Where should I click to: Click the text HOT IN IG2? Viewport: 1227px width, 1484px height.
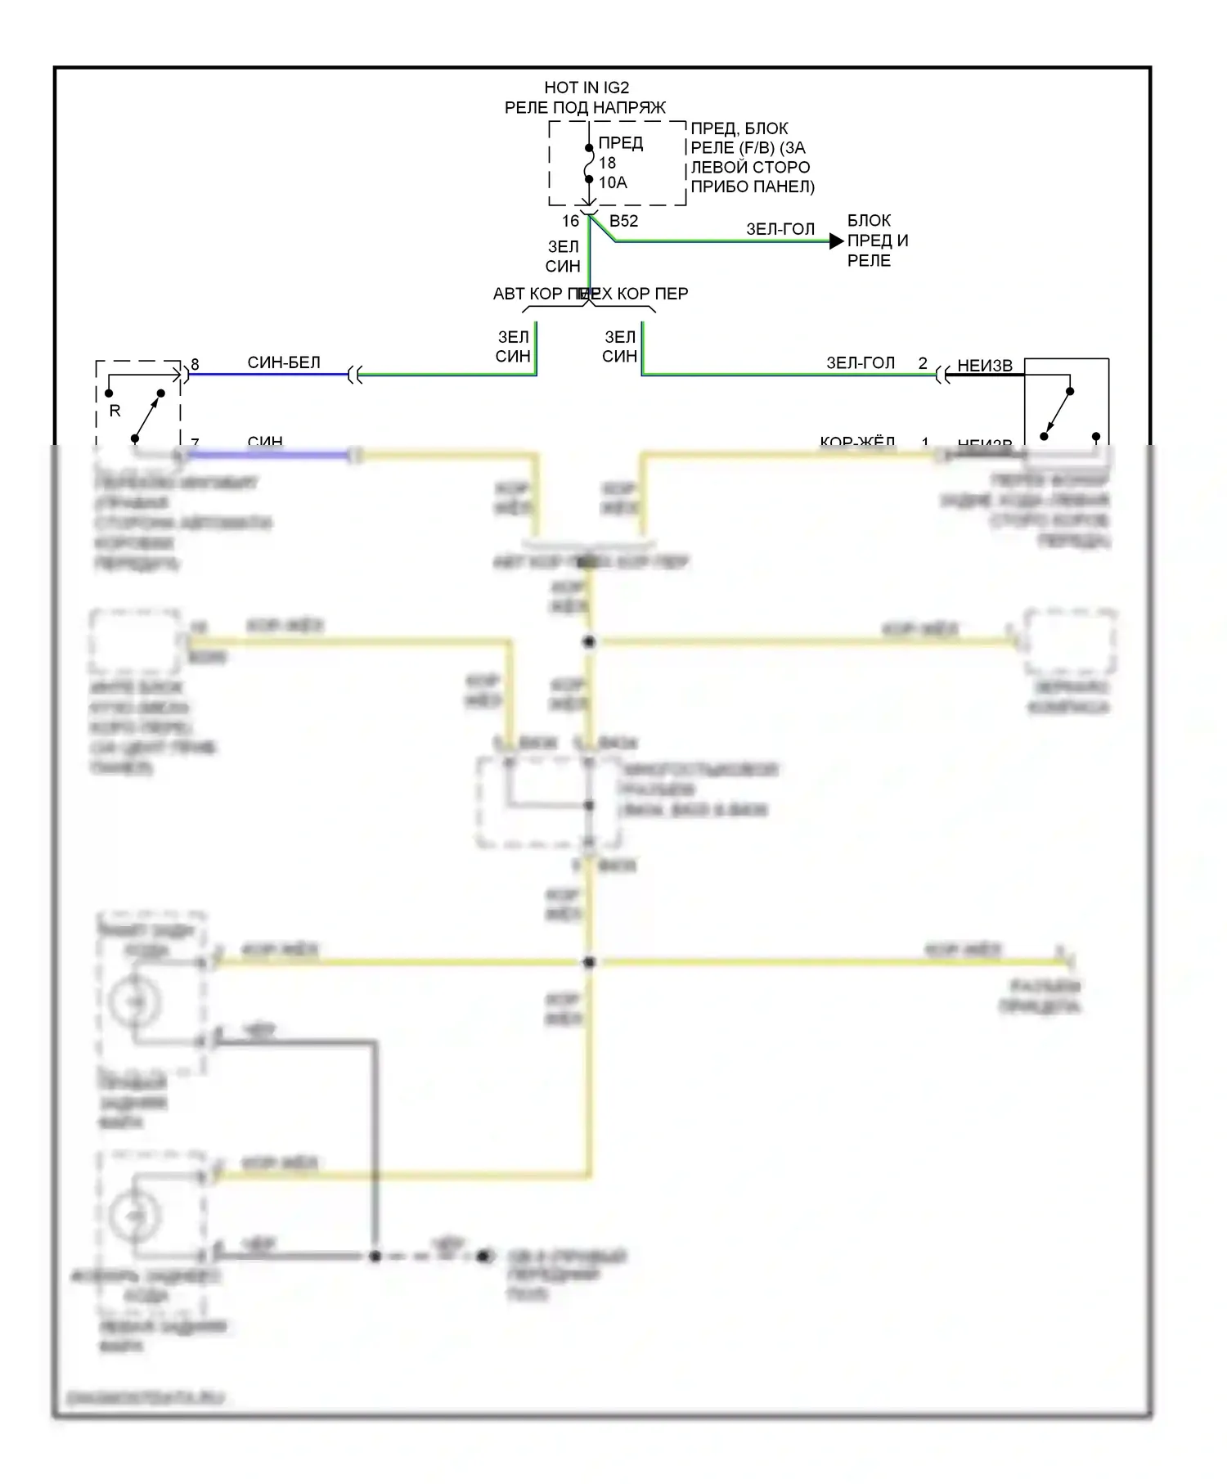[x=587, y=88]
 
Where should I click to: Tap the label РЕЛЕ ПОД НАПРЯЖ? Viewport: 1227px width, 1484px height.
[x=585, y=107]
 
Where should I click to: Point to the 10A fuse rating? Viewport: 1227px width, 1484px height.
[x=613, y=182]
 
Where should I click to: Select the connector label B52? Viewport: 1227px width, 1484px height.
[x=623, y=221]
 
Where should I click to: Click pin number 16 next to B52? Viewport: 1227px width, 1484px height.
[x=570, y=221]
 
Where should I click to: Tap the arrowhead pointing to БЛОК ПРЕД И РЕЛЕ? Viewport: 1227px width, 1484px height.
[x=836, y=241]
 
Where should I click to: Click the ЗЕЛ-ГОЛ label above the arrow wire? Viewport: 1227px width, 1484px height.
[x=780, y=229]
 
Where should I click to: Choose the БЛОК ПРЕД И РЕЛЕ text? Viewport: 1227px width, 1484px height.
[x=877, y=241]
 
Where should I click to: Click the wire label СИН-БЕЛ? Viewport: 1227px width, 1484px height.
[x=284, y=362]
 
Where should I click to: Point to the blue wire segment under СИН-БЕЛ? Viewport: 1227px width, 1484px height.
[x=270, y=375]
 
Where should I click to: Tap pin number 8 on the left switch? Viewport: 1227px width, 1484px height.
[x=195, y=365]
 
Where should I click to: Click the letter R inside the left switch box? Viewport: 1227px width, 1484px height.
[x=115, y=411]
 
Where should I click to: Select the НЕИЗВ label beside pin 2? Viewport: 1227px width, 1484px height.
[x=985, y=366]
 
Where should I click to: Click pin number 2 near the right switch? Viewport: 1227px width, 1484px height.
[x=923, y=363]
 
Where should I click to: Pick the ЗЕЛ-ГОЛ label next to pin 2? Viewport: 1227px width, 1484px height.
[x=861, y=362]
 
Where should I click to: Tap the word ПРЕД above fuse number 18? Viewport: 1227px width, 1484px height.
[x=621, y=143]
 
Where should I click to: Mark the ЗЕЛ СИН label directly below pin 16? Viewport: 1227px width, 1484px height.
[x=563, y=256]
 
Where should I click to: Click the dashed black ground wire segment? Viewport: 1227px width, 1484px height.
[x=429, y=1256]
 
